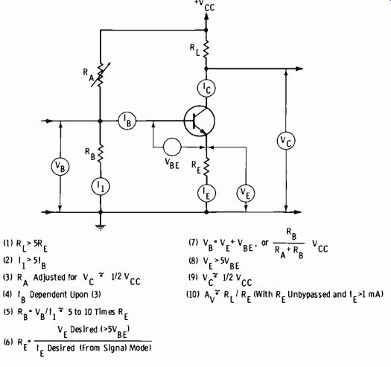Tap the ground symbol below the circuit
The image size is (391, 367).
click(x=101, y=227)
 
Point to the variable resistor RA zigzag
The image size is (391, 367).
click(x=101, y=74)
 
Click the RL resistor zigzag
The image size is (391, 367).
click(x=206, y=49)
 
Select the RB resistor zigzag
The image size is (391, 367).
click(x=101, y=154)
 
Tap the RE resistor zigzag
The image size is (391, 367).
click(x=206, y=167)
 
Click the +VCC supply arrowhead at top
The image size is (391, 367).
click(x=206, y=16)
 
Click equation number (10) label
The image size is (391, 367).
click(x=193, y=295)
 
